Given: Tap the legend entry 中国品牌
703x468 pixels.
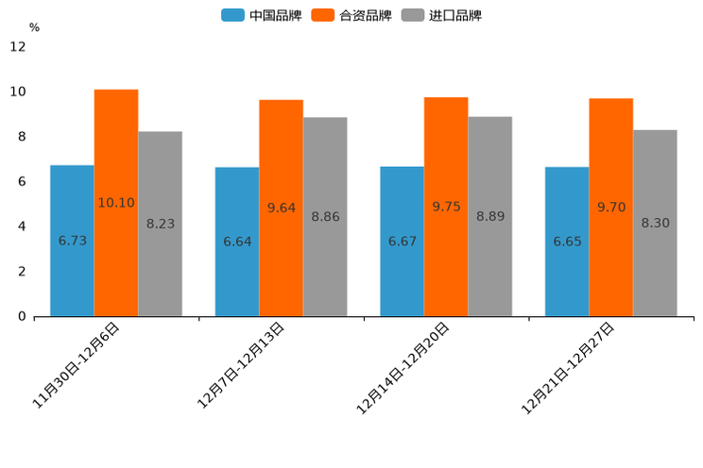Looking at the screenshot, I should (x=262, y=15).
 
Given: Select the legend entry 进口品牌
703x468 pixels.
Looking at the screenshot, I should (x=441, y=15).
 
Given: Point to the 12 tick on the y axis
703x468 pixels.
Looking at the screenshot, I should (x=18, y=46).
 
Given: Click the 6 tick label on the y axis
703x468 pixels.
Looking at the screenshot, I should (x=22, y=181).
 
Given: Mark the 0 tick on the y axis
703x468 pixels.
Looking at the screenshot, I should (x=22, y=316).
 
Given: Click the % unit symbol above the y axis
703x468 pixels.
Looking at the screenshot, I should (x=34, y=27).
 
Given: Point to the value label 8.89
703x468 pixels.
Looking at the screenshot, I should (x=490, y=216).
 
